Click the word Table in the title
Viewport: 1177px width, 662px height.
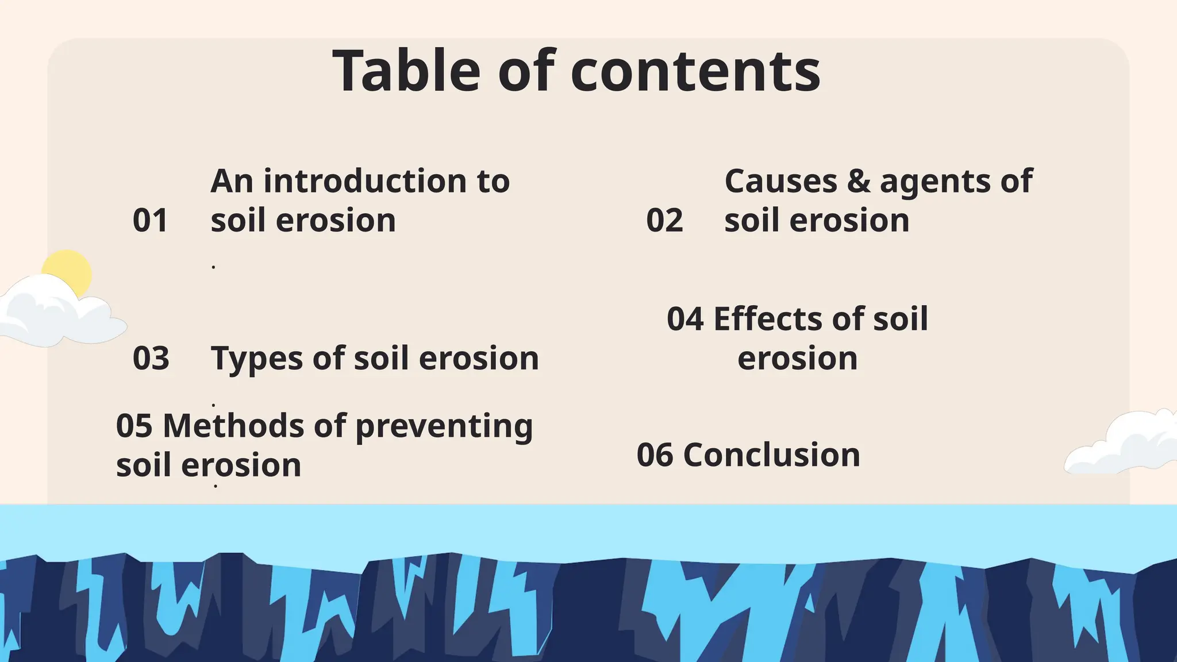click(406, 71)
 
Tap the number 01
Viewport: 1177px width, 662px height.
click(150, 221)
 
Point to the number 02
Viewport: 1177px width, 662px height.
click(664, 221)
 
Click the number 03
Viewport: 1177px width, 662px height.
click(151, 359)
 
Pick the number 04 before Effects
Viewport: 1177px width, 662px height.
click(685, 319)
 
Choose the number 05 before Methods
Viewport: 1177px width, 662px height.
click(134, 426)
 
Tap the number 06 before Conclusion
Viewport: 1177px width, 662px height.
click(655, 455)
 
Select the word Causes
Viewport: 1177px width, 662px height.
click(781, 182)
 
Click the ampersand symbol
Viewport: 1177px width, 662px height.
click(859, 182)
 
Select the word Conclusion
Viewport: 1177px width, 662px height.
click(771, 455)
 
